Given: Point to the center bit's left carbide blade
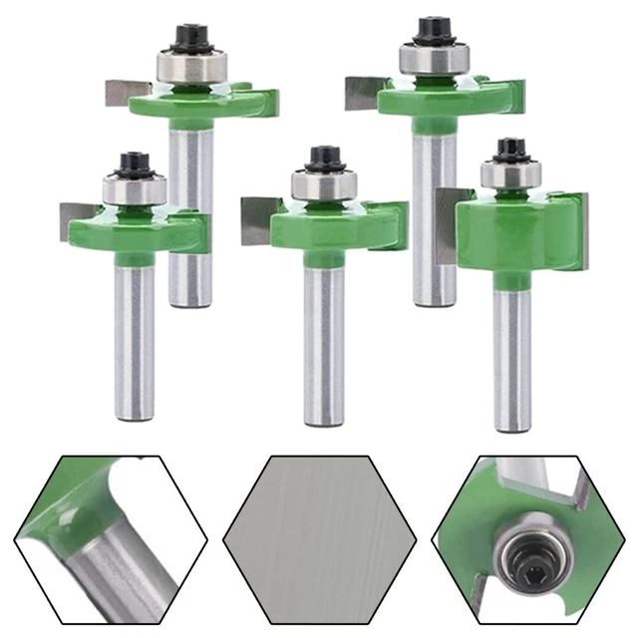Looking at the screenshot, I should (x=256, y=219).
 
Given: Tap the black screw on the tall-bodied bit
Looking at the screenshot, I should (x=511, y=149).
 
